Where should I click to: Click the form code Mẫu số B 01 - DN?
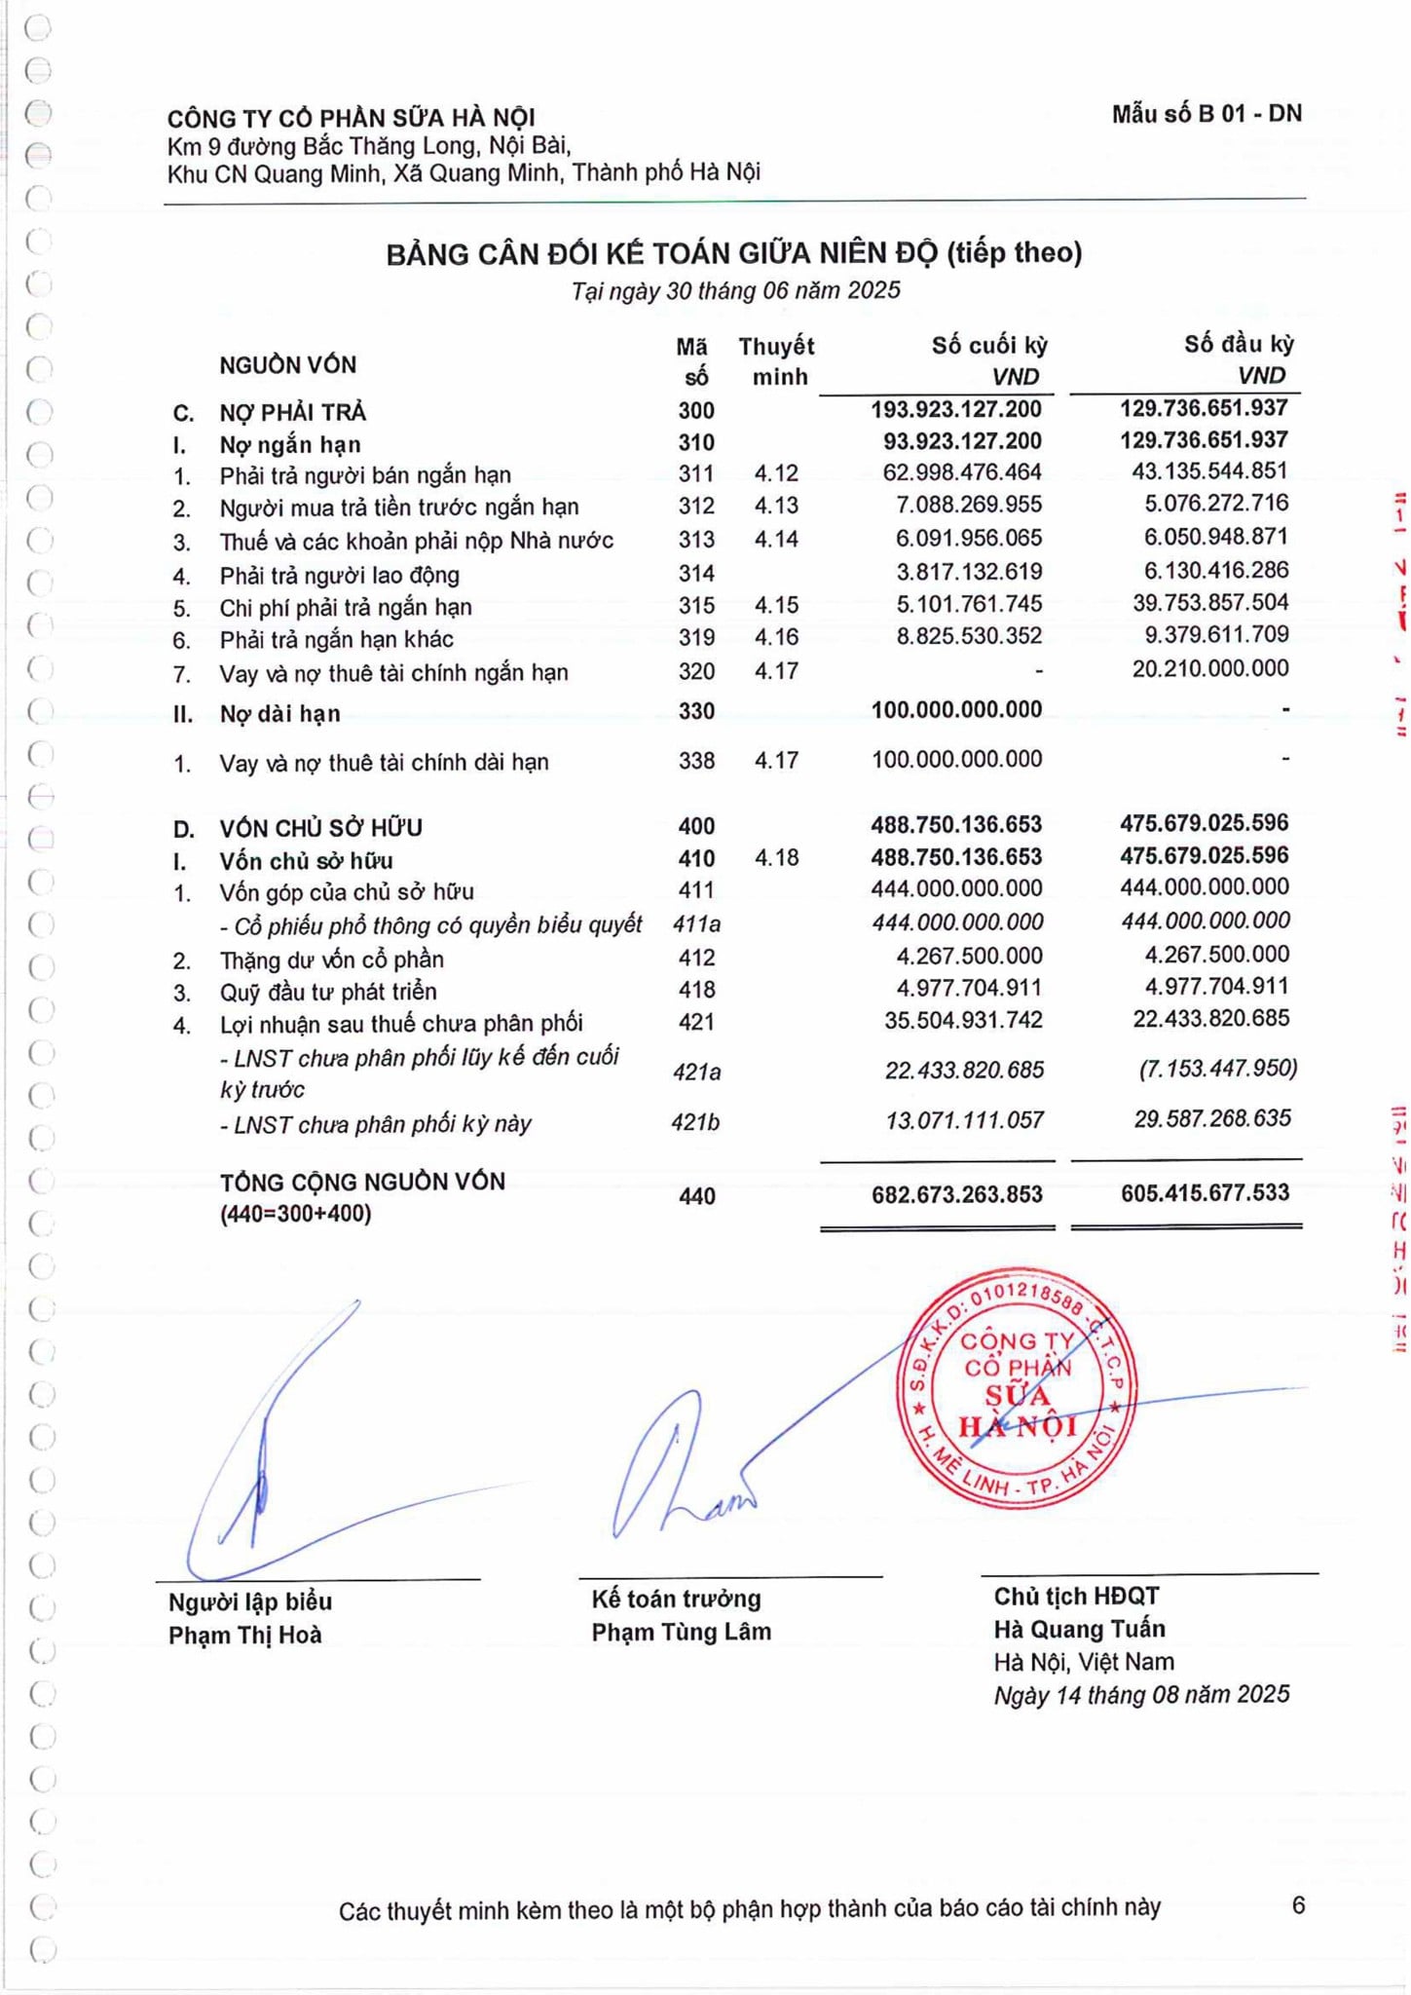point(1206,114)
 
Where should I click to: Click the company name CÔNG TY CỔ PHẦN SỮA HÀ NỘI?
point(351,118)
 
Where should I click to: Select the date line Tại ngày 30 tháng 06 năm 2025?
point(735,290)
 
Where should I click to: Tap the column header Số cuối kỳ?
point(988,345)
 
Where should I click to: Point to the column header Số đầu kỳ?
point(1239,344)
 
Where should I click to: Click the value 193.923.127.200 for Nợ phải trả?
point(955,409)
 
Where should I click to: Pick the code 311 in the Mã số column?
point(696,474)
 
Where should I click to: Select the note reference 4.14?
point(776,539)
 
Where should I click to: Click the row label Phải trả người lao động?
point(339,575)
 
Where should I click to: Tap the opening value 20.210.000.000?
point(1209,668)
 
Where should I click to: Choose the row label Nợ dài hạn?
point(279,713)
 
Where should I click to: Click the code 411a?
point(696,923)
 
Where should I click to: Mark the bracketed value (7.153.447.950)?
point(1217,1069)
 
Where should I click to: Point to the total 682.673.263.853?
point(956,1194)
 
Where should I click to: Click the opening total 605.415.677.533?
point(1205,1192)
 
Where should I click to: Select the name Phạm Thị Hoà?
point(244,1635)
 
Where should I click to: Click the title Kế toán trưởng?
point(676,1599)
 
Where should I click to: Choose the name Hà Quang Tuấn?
point(1079,1629)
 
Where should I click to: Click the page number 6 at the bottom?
point(1297,1905)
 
